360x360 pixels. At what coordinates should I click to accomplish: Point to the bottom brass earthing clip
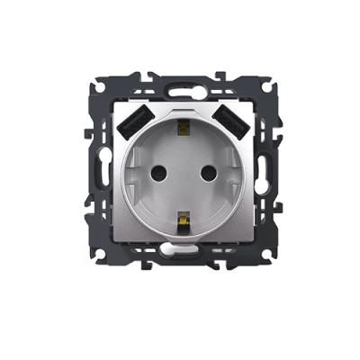[184, 219]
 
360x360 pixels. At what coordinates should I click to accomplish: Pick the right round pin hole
[212, 172]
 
